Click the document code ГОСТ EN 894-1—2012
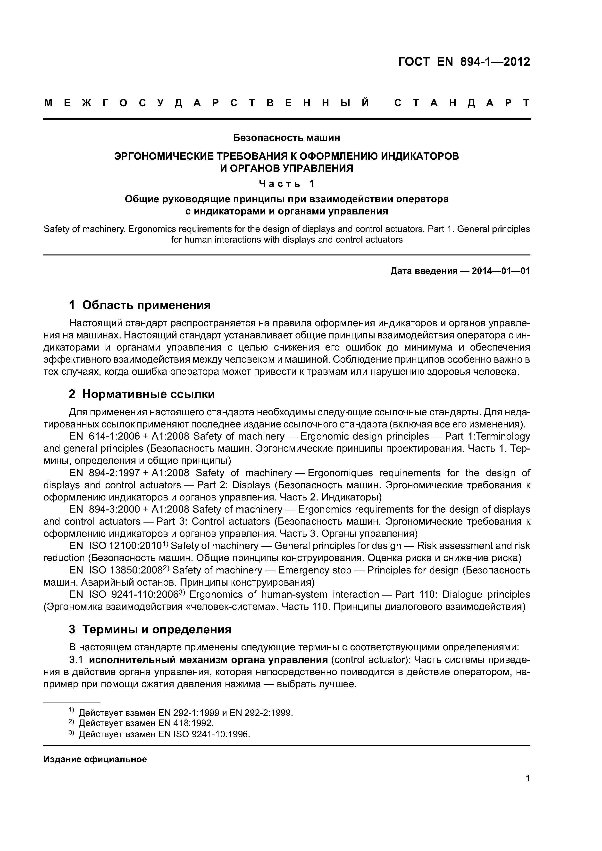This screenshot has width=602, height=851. (x=464, y=62)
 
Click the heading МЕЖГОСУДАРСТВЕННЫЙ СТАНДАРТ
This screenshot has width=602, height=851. (x=287, y=103)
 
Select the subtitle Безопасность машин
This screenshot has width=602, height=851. (x=286, y=138)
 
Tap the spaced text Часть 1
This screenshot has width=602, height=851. (x=286, y=183)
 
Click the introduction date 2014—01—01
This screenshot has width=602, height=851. (x=501, y=271)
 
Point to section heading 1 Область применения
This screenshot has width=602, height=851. (x=140, y=305)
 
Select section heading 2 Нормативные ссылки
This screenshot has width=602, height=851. (x=142, y=394)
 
